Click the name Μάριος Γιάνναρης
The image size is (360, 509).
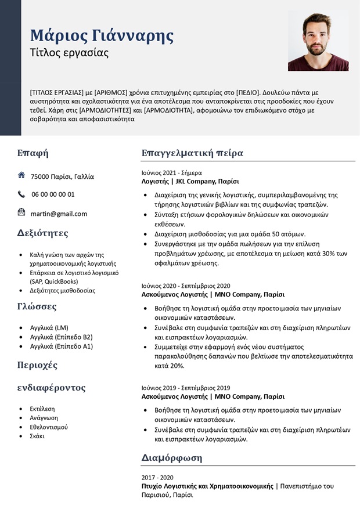pos(102,35)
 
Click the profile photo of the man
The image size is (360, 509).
pos(318,42)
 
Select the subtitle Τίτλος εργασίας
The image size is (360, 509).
pos(69,53)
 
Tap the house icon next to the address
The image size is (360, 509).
pos(21,175)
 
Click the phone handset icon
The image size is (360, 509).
pos(21,194)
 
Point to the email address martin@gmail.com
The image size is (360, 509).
pos(59,214)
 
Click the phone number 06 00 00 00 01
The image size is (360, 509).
pos(53,194)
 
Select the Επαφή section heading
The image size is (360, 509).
pos(33,153)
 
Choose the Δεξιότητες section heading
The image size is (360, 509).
pos(43,233)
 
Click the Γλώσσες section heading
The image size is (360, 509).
pos(37,307)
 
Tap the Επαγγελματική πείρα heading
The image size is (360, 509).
pos(192,153)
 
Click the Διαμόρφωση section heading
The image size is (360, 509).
pos(172,458)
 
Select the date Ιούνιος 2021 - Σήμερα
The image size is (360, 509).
pos(171,172)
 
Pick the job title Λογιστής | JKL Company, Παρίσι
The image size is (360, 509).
pos(190,182)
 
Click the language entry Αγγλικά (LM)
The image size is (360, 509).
pos(49,327)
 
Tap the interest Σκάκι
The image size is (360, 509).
pos(37,436)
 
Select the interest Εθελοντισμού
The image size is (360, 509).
pos(49,427)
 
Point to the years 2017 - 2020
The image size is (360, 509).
pos(157,477)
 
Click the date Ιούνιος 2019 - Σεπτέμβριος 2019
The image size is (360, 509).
pos(186,388)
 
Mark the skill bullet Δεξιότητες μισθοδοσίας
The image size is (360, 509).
pos(63,290)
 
